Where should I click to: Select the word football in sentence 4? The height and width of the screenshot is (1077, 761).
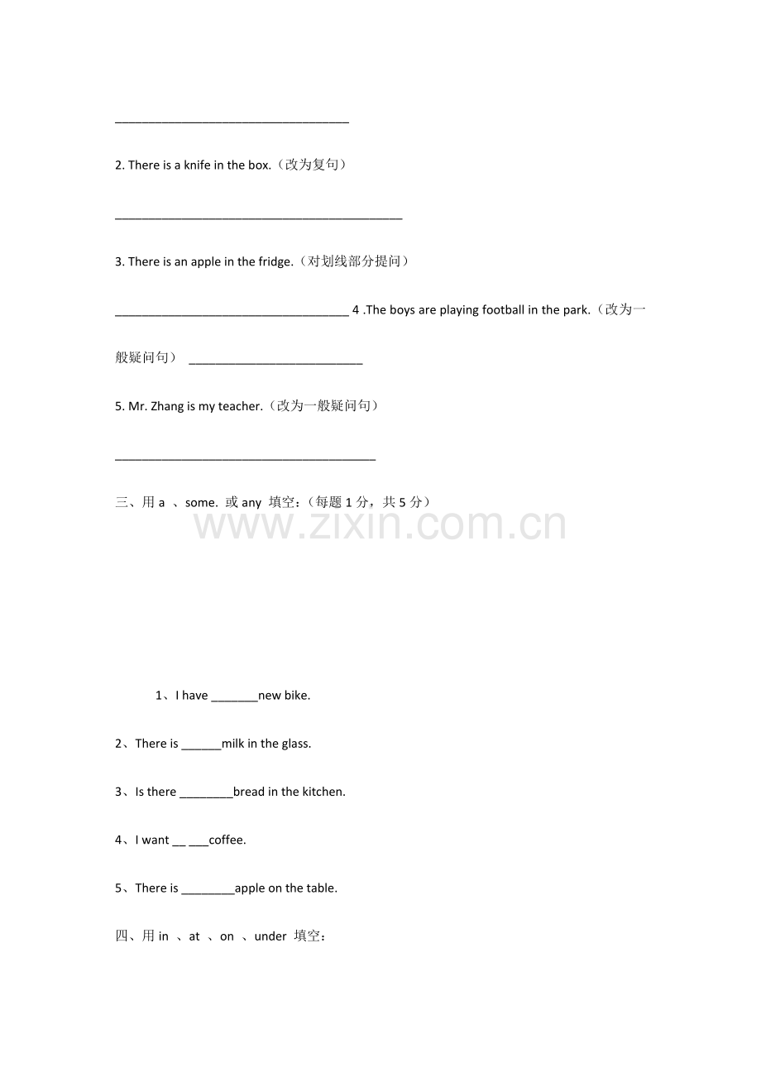pos(498,310)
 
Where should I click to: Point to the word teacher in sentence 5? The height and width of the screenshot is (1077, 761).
pos(240,407)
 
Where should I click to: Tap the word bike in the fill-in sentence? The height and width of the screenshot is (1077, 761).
pos(297,696)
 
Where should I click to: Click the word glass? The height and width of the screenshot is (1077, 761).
pos(296,744)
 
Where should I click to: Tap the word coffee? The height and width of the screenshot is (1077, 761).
pos(227,840)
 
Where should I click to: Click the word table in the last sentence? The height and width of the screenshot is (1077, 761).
pos(322,888)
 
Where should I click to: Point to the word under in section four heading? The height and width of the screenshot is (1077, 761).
pos(270,937)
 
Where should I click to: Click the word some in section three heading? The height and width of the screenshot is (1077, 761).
pos(201,503)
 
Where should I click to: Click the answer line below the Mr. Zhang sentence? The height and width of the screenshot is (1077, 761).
pos(245,458)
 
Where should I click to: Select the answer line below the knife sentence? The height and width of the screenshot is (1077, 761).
pos(258,218)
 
